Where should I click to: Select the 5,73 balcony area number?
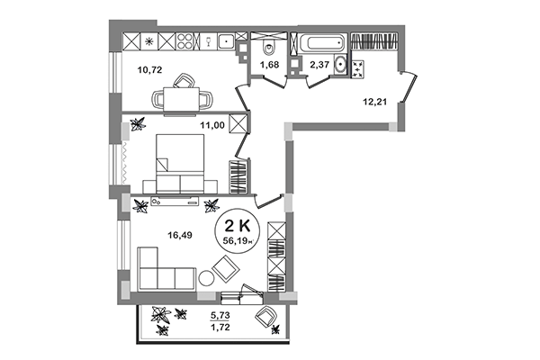[x=219, y=316]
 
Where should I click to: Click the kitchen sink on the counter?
[x=223, y=40]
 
